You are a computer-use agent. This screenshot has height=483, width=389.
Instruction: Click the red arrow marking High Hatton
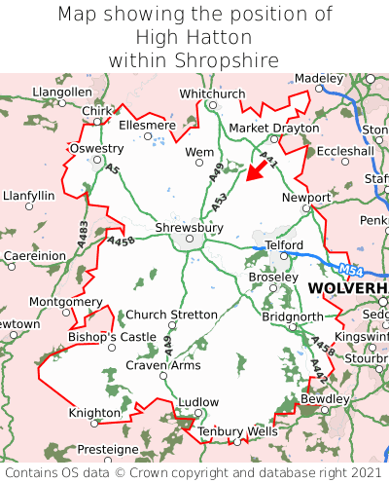click(257, 170)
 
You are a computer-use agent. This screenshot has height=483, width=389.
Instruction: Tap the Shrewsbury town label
click(189, 228)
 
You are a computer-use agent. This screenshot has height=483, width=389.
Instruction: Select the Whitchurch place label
click(212, 93)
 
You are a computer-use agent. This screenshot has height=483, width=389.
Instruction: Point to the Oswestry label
click(96, 149)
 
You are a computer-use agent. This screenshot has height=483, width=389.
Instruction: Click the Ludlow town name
click(199, 402)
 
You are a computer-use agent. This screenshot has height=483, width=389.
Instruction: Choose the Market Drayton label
click(273, 129)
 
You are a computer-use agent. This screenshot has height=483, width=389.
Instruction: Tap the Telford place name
click(286, 244)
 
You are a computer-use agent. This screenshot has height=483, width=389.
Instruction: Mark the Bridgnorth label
click(293, 317)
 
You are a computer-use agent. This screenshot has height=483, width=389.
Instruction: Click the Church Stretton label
click(172, 315)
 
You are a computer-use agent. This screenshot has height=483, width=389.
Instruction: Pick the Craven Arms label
click(163, 365)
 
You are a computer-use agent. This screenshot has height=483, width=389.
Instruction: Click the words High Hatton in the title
click(194, 37)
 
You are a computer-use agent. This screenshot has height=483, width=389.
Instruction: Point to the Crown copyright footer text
click(194, 472)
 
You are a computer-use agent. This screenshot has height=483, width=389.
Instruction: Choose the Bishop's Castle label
click(112, 337)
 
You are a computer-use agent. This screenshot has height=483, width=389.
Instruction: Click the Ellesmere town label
click(147, 126)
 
